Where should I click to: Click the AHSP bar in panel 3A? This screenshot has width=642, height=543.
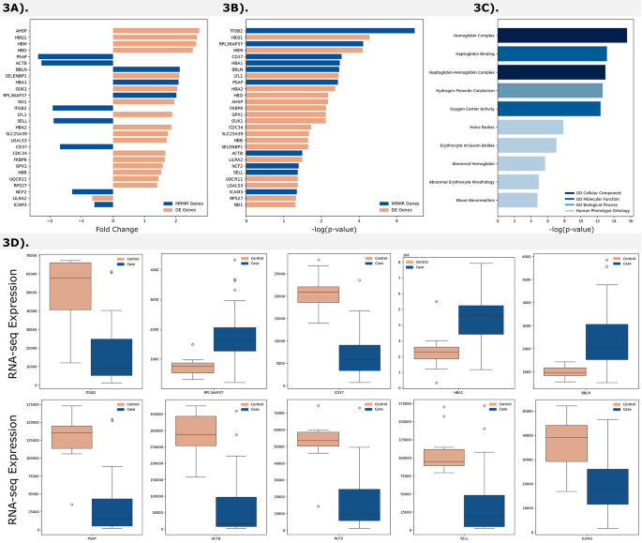point(156,31)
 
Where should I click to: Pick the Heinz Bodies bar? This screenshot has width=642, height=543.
point(530,127)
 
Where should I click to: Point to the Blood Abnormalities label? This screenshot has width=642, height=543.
point(468,199)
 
